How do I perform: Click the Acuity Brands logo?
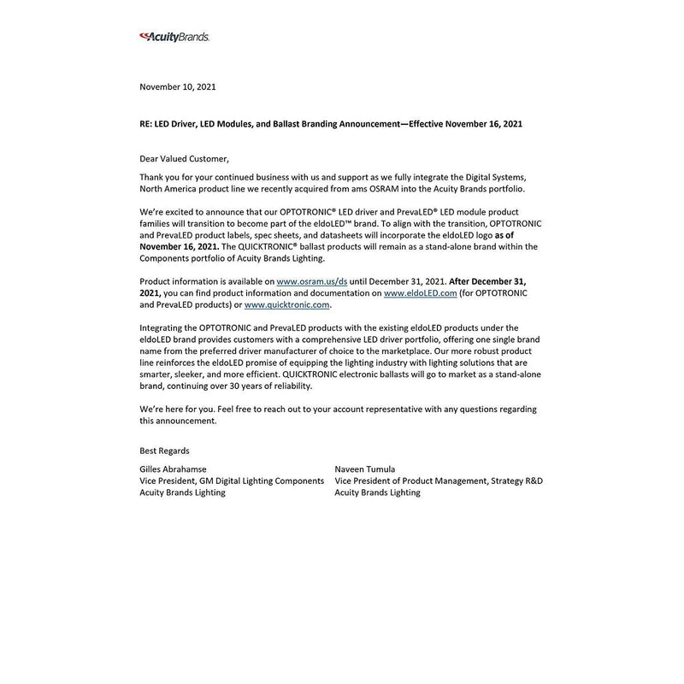pos(174,37)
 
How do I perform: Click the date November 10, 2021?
pos(178,87)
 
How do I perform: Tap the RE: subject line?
pos(331,124)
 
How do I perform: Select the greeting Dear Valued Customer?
pos(185,159)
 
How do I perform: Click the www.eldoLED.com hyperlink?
pos(420,292)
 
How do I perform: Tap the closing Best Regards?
pos(164,451)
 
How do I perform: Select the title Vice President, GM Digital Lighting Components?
pos(232,481)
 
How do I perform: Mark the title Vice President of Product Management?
pos(410,481)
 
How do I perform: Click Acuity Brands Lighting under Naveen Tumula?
pos(378,492)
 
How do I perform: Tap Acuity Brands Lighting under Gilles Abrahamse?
pos(182,492)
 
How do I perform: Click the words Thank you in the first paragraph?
pos(158,176)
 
